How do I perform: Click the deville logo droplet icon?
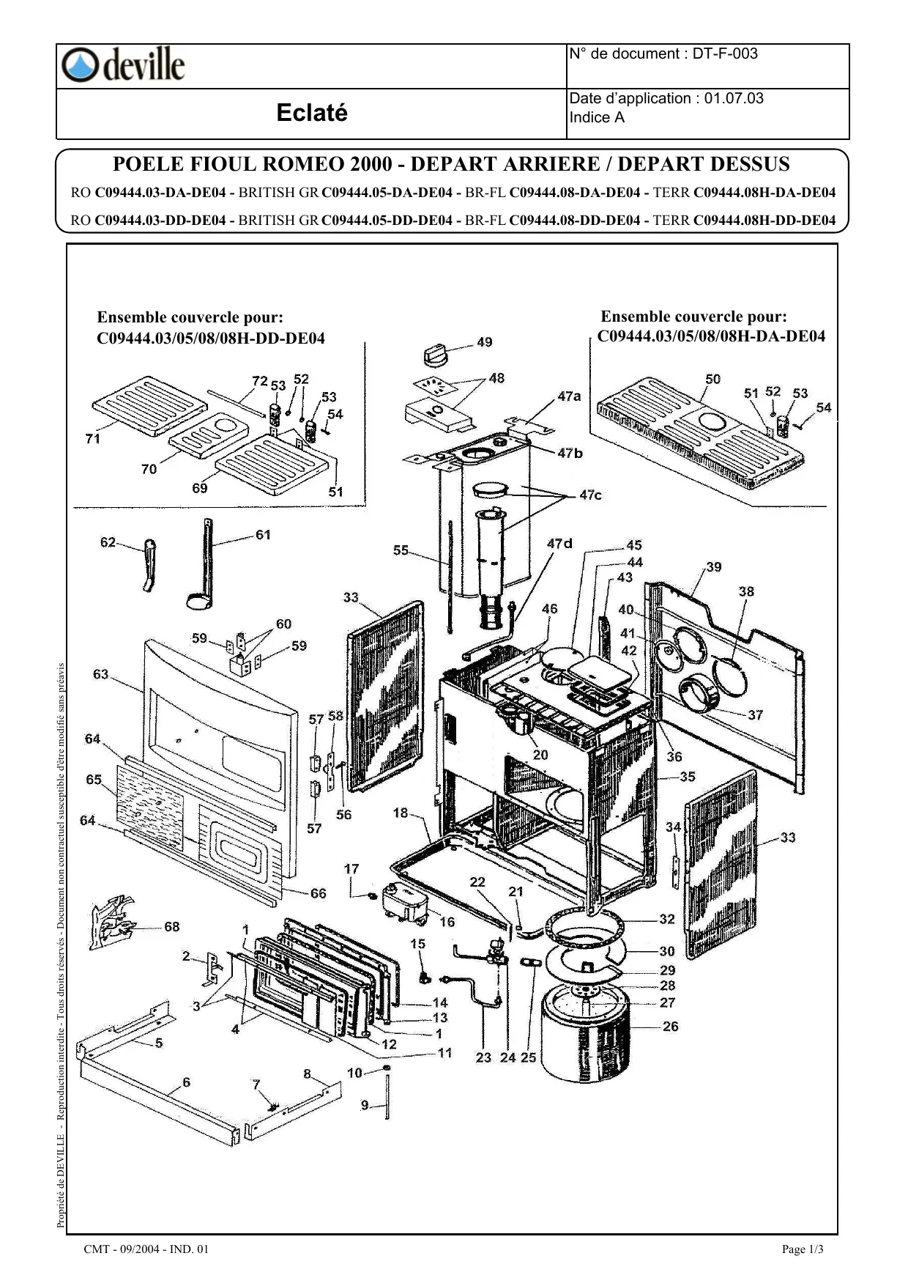[x=78, y=65]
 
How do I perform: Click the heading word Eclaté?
[x=312, y=113]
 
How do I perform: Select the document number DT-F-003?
[x=725, y=53]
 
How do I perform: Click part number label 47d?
[x=559, y=544]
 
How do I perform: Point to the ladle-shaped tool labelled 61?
[x=202, y=572]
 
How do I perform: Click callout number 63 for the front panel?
[x=100, y=674]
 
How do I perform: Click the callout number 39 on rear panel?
[x=714, y=566]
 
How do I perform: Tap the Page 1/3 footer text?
[x=803, y=1249]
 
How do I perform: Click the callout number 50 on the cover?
[x=712, y=379]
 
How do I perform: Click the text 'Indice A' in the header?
[x=597, y=118]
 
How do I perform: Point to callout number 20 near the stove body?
[x=540, y=755]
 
